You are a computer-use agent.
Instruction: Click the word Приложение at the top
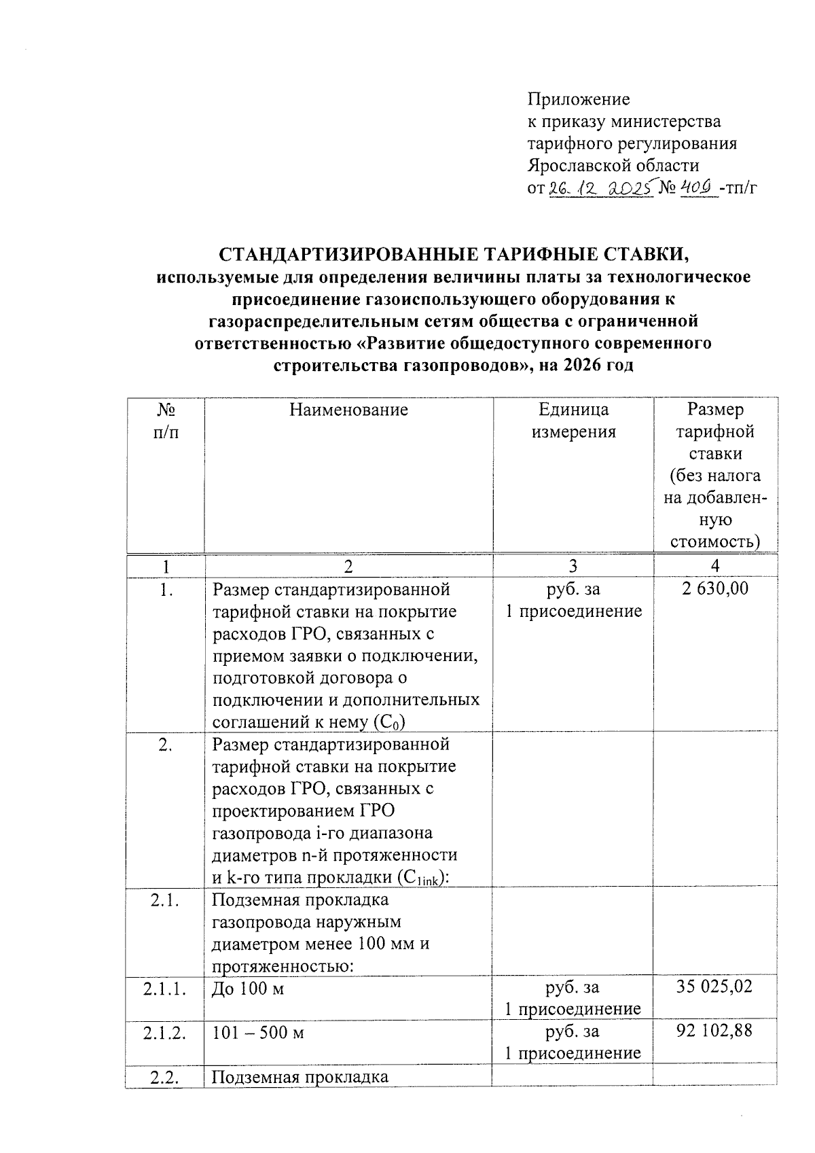pyautogui.click(x=579, y=100)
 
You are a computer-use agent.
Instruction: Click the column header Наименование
pyautogui.click(x=348, y=410)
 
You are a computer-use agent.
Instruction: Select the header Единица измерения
pyautogui.click(x=573, y=421)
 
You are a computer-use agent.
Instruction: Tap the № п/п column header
pyautogui.click(x=166, y=421)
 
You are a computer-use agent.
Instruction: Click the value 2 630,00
pyautogui.click(x=715, y=588)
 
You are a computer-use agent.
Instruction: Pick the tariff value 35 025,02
pyautogui.click(x=714, y=987)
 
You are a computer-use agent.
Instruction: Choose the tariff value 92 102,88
pyautogui.click(x=714, y=1031)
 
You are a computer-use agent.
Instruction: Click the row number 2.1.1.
pyautogui.click(x=165, y=988)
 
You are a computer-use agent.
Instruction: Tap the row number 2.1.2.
pyautogui.click(x=165, y=1033)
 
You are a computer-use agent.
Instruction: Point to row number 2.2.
pyautogui.click(x=164, y=1077)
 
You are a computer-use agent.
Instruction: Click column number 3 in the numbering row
pyautogui.click(x=573, y=566)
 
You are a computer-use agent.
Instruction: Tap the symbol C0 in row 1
pyautogui.click(x=397, y=722)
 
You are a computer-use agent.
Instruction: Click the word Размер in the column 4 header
pyautogui.click(x=715, y=410)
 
